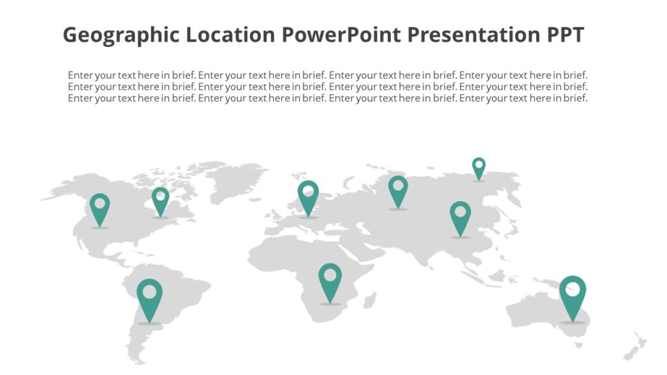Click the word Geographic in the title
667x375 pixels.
121,35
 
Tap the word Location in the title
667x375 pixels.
231,35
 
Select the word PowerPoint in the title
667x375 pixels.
341,35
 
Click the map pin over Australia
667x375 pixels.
573,296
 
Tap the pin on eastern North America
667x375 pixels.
160,201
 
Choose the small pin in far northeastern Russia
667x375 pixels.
479,167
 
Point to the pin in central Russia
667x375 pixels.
398,191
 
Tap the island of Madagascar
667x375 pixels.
370,300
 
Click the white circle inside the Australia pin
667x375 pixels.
573,288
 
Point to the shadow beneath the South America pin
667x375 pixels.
149,324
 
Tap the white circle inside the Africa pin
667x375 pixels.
330,275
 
